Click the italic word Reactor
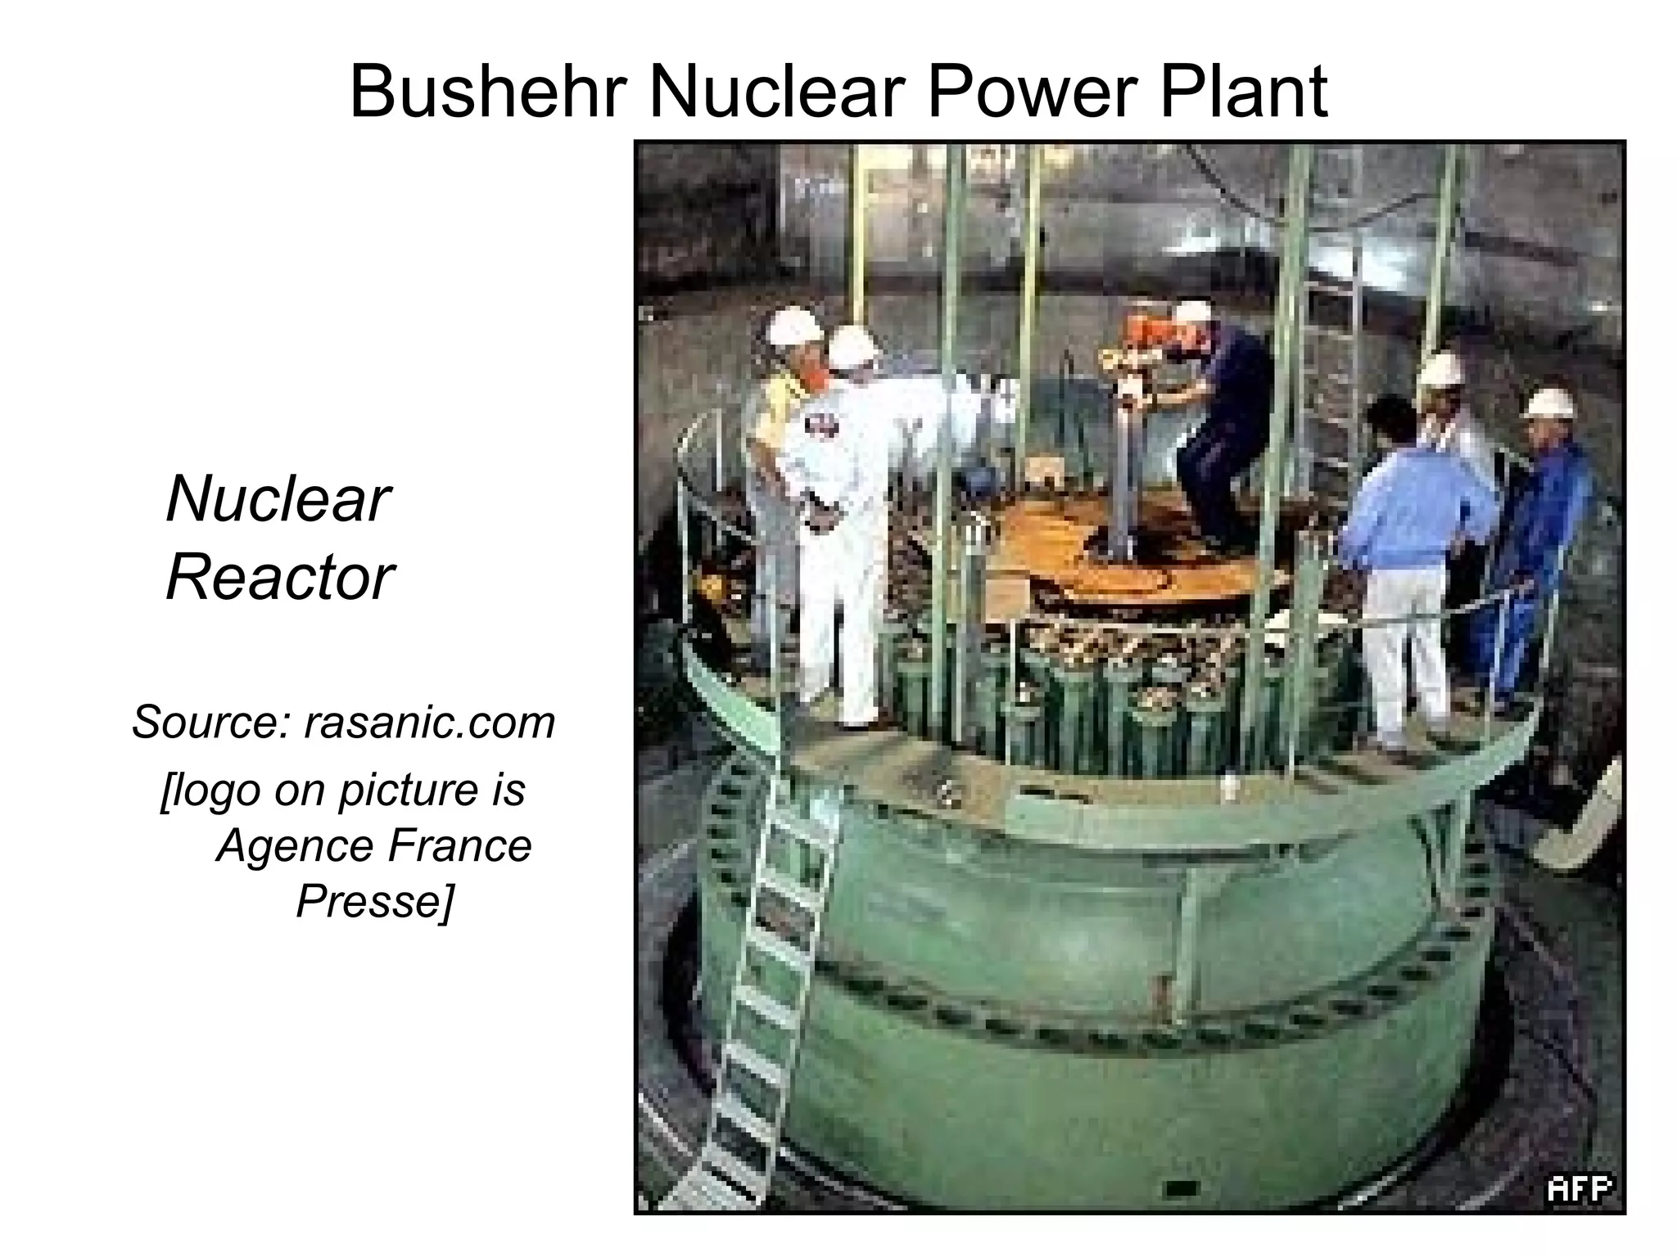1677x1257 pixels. [279, 578]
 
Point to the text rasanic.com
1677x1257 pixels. [429, 722]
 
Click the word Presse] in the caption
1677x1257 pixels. [373, 901]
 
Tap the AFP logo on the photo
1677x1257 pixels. [1578, 1189]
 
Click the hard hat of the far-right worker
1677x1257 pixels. [1548, 403]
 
